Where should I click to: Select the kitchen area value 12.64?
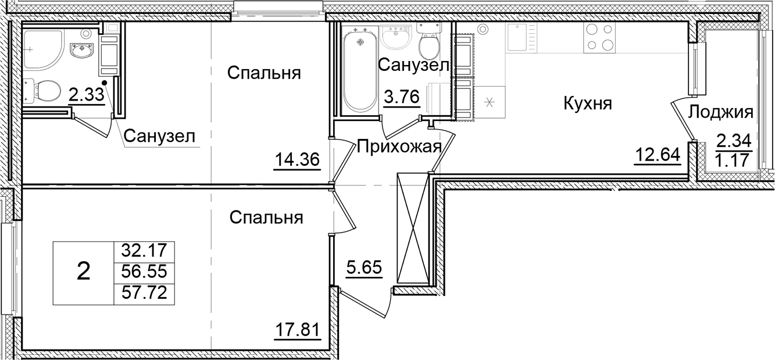click(657, 155)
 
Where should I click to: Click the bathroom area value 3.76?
click(402, 97)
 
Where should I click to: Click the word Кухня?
click(588, 104)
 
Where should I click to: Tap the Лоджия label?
click(720, 112)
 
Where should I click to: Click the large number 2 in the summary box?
click(84, 271)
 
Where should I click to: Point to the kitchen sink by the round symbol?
click(517, 38)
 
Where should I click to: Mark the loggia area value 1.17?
click(733, 159)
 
